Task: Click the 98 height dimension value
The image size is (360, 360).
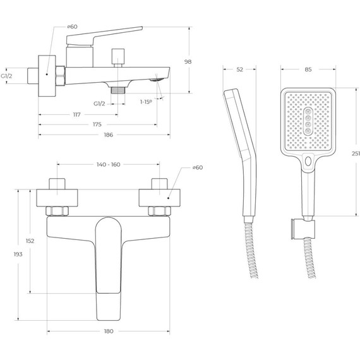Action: click(188, 61)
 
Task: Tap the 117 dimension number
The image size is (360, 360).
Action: click(77, 114)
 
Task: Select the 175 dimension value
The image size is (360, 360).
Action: click(97, 124)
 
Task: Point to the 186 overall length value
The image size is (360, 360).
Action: click(109, 135)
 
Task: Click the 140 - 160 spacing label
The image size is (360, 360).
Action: click(109, 164)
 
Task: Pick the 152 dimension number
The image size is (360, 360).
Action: click(30, 241)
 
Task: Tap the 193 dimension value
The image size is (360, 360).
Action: click(18, 254)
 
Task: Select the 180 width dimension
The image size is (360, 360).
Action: click(109, 331)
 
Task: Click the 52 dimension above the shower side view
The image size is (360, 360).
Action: click(239, 69)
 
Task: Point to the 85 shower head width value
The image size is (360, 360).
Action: click(308, 69)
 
